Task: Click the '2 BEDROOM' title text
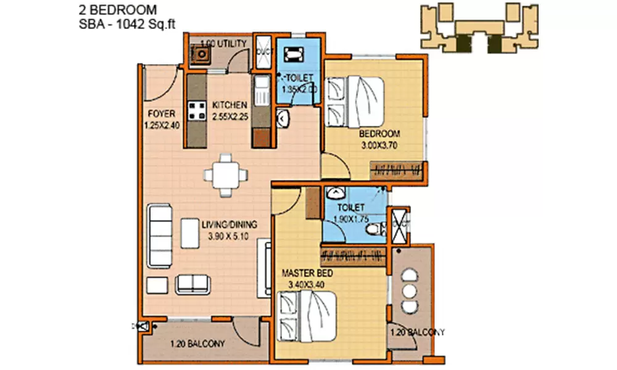point(118,10)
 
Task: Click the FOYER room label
point(162,113)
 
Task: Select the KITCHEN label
point(230,104)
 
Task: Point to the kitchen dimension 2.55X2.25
point(230,115)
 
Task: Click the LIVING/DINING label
point(229,224)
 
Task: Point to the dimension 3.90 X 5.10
point(229,236)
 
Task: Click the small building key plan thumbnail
point(479,27)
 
